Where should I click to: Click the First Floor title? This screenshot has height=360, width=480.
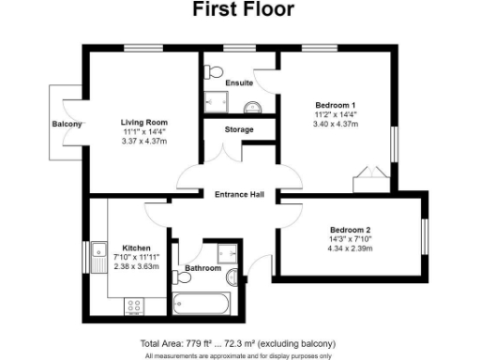click(x=243, y=10)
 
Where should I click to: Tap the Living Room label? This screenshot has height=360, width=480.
click(x=142, y=122)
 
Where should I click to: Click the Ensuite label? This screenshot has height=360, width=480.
click(x=239, y=82)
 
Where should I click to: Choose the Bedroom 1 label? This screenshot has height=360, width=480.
click(x=334, y=103)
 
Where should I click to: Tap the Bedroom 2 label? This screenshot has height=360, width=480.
click(x=350, y=230)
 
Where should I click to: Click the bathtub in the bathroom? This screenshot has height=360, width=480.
click(x=201, y=304)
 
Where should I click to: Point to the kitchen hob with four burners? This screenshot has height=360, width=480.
click(x=133, y=305)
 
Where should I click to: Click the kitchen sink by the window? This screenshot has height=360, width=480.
click(x=101, y=250)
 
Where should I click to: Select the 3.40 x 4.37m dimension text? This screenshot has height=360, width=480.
click(x=334, y=124)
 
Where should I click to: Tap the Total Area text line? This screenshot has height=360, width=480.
click(x=237, y=343)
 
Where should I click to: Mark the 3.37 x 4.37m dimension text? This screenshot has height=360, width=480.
click(x=142, y=142)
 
